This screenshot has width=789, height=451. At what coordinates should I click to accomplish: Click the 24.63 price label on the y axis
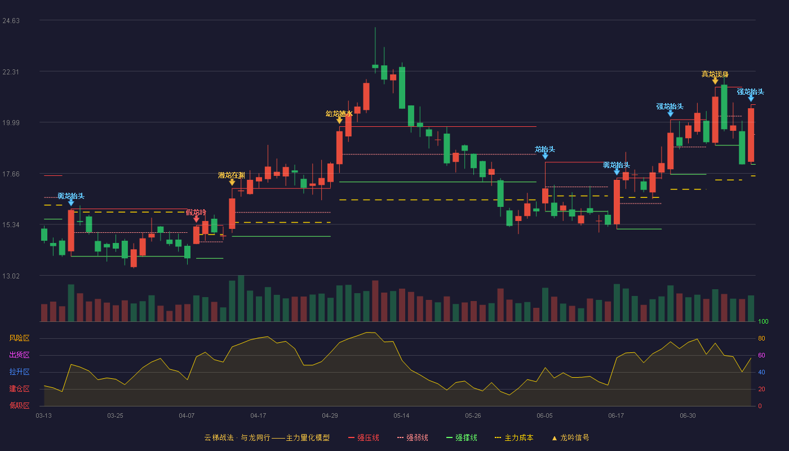(11, 21)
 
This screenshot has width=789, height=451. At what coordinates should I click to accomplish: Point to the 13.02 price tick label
(11, 276)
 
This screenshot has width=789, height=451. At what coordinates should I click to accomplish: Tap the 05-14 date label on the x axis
(401, 416)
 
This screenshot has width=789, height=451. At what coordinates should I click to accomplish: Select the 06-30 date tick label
(688, 416)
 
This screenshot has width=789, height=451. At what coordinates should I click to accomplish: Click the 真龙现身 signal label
(715, 74)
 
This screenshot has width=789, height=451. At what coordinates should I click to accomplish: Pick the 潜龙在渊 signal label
(232, 175)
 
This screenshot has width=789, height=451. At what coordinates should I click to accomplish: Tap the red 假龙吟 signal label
(196, 212)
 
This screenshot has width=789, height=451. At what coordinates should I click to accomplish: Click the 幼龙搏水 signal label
(339, 113)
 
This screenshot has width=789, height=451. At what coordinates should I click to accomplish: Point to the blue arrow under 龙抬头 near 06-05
(545, 156)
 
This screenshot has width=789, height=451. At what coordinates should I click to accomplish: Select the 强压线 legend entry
(364, 437)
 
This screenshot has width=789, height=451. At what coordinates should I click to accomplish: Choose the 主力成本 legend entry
(514, 437)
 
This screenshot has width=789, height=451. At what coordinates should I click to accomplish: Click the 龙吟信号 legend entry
(570, 437)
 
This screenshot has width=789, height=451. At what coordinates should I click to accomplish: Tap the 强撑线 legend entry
(462, 437)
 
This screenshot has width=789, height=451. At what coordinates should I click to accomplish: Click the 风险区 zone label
(19, 338)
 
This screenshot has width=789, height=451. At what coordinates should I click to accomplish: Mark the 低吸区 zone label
(19, 405)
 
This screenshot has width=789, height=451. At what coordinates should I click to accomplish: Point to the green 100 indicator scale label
(763, 321)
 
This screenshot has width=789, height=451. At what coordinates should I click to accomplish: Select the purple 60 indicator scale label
(761, 355)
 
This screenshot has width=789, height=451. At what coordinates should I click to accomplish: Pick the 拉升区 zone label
(19, 372)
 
